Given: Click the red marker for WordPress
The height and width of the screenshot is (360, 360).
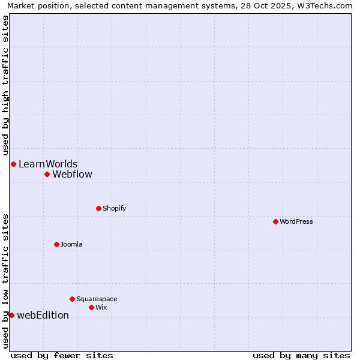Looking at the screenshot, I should [x=275, y=221].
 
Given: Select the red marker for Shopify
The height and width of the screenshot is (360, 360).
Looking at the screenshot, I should [x=98, y=208].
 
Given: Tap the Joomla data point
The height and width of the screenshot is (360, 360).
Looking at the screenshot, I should [x=56, y=244].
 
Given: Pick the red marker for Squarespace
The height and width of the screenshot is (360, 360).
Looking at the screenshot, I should [x=72, y=299].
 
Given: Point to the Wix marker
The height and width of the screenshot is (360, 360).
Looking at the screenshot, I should [x=91, y=307].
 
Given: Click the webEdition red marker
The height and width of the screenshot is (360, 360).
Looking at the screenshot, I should [x=11, y=315].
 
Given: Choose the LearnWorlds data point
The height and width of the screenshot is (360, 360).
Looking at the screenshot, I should [x=13, y=164].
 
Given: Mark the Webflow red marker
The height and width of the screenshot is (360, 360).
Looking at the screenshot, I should [x=47, y=174].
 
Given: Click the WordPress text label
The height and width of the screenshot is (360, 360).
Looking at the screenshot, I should [x=296, y=221].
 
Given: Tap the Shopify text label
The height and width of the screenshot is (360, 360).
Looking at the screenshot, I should [x=114, y=208].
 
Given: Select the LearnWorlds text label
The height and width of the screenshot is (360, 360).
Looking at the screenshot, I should [x=48, y=164].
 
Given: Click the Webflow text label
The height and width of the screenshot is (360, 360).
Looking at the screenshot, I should [x=73, y=175].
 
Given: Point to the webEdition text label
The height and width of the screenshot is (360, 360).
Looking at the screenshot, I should [x=43, y=315].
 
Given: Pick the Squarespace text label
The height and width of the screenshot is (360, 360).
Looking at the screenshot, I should [x=97, y=299].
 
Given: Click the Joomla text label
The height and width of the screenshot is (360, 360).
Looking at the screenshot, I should [x=71, y=244].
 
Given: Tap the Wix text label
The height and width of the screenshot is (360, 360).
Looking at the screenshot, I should [x=101, y=307].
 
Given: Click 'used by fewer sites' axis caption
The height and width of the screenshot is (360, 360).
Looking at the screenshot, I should [x=62, y=355].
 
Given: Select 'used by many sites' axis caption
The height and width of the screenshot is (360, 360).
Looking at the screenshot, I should [x=301, y=355].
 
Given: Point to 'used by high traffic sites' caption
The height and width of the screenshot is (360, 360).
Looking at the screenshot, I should [x=6, y=85].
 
